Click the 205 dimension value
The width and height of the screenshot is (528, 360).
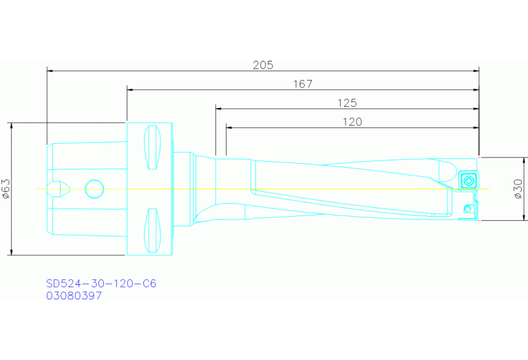click(263, 65)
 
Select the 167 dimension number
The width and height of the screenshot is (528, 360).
click(302, 84)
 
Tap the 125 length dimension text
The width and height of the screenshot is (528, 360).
click(346, 103)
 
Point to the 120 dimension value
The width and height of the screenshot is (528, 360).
click(352, 122)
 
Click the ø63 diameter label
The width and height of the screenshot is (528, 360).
click(6, 189)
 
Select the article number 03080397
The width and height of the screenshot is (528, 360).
click(74, 296)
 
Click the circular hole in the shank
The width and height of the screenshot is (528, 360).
click(94, 188)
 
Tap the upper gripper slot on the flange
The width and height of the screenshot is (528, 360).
click(152, 148)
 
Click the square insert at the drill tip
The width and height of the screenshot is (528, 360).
click(468, 180)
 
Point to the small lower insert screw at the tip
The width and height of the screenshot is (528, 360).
click(467, 208)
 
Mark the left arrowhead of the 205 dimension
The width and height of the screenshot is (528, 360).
click(50, 70)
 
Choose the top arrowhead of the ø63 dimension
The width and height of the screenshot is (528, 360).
click(12, 126)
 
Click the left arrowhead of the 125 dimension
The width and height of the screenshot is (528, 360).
click(218, 109)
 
